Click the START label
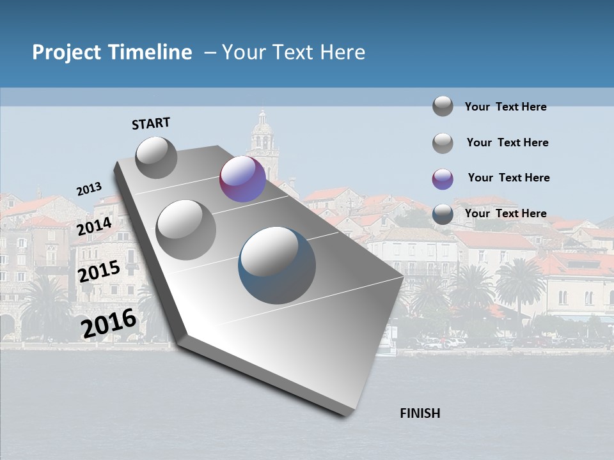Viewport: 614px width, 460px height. (151, 123)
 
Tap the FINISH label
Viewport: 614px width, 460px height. (420, 413)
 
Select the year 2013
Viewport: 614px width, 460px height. (89, 188)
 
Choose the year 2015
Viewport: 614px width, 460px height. (98, 272)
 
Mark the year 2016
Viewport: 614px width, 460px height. (109, 323)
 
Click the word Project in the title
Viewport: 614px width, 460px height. (67, 52)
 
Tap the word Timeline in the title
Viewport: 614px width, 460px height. (150, 52)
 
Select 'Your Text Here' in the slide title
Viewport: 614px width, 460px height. (294, 52)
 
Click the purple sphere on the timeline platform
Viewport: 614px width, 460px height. (242, 179)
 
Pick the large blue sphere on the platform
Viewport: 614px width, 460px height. (277, 265)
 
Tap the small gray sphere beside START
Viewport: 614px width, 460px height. (156, 157)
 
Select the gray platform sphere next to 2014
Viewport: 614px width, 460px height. (186, 229)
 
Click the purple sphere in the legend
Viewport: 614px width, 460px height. (443, 179)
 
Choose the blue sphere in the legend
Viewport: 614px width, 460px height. (443, 215)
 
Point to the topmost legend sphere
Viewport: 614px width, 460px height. (443, 106)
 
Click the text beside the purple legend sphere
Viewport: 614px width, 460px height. (508, 178)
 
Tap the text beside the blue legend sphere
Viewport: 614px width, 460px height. (505, 213)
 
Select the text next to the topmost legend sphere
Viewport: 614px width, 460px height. (505, 107)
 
